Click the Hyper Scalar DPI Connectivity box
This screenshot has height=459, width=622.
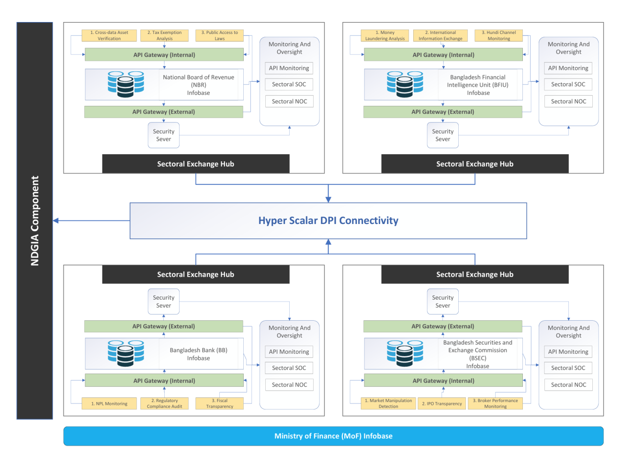(328, 221)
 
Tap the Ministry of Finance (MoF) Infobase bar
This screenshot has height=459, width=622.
(333, 436)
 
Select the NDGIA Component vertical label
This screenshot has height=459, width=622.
(34, 221)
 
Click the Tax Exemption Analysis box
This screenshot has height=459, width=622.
(164, 35)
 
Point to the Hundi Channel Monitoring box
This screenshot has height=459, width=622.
(498, 35)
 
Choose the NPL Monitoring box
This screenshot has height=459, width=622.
(109, 403)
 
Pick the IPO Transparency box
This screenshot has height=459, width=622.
(441, 403)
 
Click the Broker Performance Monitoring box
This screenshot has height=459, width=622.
(495, 403)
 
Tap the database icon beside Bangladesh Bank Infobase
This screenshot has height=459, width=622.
(125, 353)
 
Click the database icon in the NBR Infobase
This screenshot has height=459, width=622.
(125, 84)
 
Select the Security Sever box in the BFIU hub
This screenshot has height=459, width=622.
(442, 135)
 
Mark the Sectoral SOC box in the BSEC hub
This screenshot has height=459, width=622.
(568, 368)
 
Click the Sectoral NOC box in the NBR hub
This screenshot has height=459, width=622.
(289, 101)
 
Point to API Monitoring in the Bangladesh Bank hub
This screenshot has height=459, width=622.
(289, 352)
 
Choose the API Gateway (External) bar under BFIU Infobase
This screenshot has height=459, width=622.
(442, 112)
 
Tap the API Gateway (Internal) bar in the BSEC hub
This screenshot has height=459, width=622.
(443, 381)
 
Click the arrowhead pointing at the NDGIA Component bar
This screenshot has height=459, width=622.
(56, 221)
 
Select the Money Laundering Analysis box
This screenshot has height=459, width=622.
(385, 35)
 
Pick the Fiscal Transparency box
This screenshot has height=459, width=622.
(219, 403)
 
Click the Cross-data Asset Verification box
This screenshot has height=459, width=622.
(109, 35)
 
